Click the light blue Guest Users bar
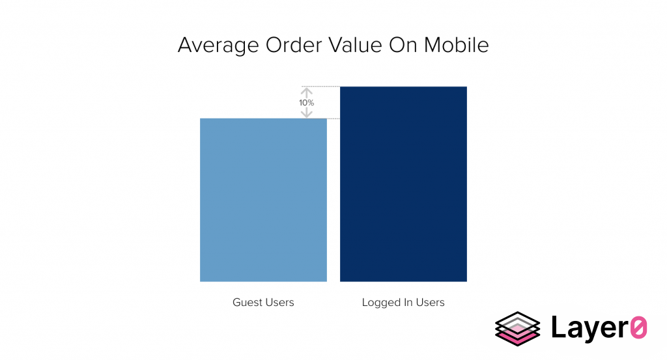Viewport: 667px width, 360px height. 263,200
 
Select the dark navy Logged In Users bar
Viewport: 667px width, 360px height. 403,184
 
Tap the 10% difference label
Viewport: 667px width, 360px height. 306,103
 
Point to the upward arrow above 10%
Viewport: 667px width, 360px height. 306,92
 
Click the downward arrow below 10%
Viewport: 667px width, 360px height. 306,113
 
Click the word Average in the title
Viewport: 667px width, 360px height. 218,45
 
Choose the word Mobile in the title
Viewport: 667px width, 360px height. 457,45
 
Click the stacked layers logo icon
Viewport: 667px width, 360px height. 518,329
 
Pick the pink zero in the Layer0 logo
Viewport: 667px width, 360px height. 638,327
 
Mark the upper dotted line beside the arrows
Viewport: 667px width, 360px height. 320,87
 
